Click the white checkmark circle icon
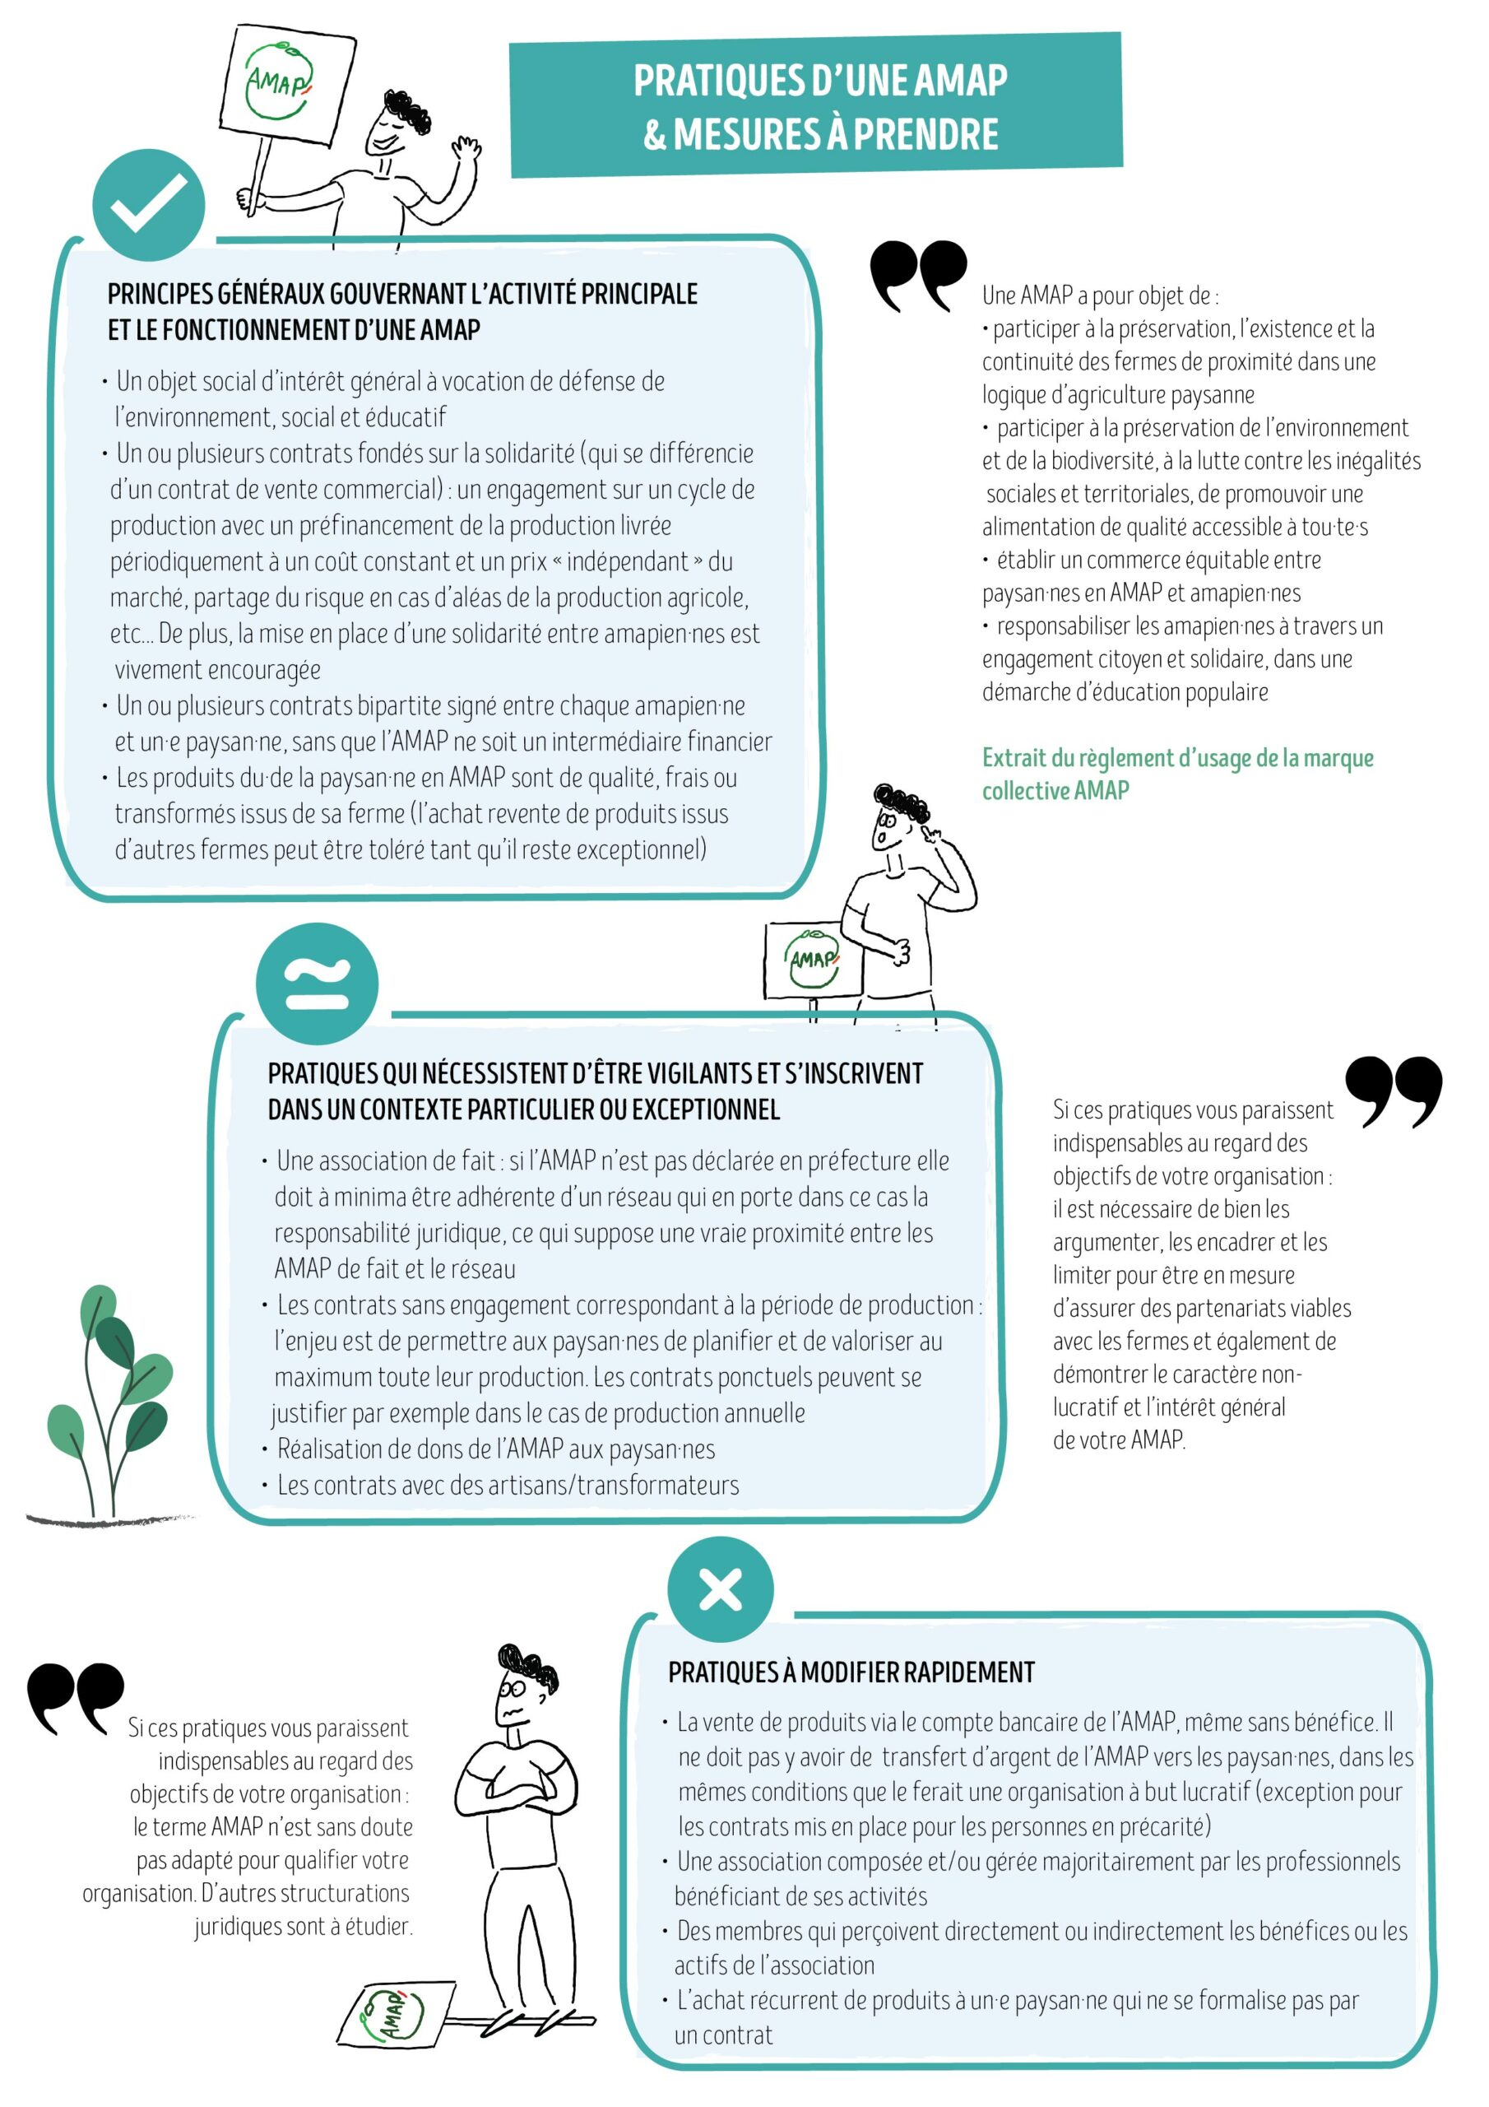149,206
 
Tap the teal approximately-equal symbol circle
318,984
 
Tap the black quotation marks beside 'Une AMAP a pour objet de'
917,275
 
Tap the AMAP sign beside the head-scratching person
812,960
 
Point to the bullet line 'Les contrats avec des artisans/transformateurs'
508,1485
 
